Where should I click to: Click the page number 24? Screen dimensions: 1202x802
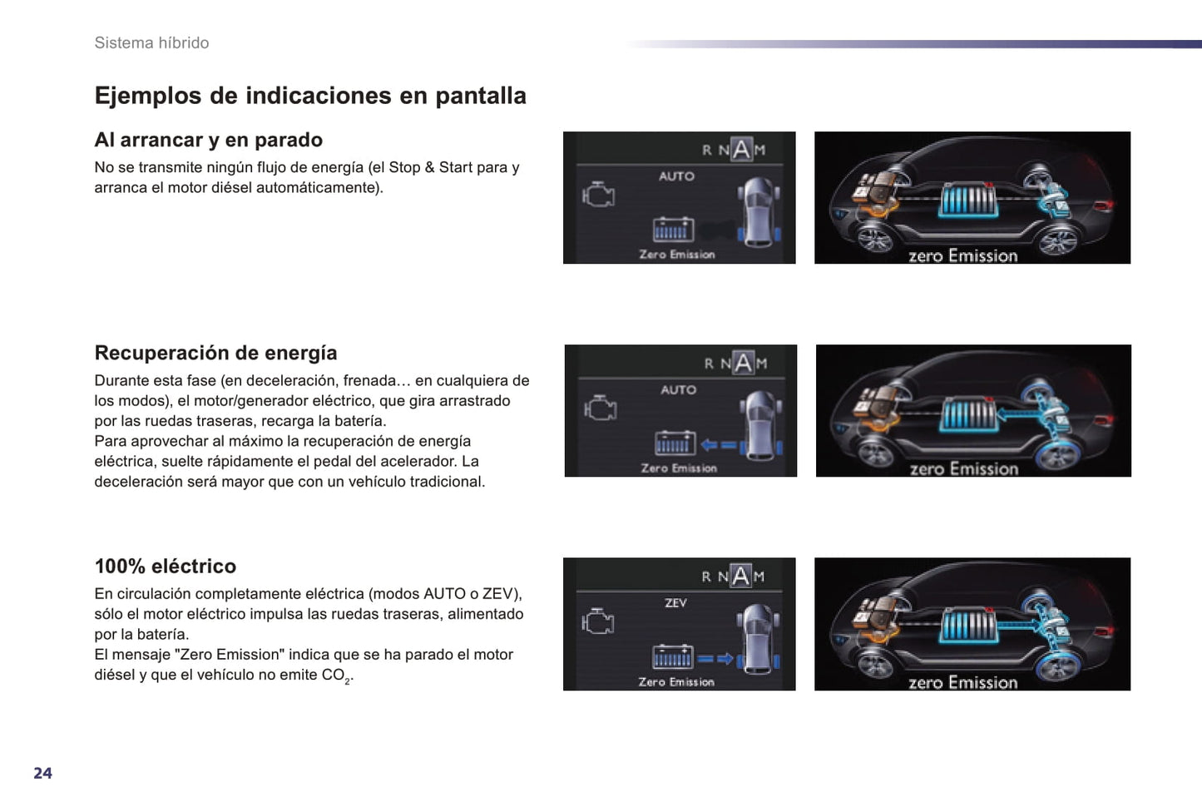pos(43,773)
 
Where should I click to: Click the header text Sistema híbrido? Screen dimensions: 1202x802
pos(152,42)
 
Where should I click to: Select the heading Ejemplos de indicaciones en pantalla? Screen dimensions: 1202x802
pos(310,96)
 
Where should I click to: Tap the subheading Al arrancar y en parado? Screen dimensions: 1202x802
pos(208,140)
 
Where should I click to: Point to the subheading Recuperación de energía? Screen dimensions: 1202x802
pos(215,353)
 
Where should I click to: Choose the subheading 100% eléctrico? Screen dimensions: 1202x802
pos(166,566)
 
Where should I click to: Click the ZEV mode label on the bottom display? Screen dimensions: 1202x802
pos(675,603)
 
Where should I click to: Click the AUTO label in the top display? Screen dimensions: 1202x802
pos(676,176)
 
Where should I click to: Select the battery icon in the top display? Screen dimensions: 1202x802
pos(674,230)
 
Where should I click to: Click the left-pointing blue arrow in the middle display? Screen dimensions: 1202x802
pos(719,445)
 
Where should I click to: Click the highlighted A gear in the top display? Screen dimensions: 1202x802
pos(741,149)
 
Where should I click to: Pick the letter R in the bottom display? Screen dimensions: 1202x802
pos(706,577)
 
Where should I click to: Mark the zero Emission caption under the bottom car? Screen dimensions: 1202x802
pos(962,682)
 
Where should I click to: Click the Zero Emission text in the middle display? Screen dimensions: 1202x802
pos(679,468)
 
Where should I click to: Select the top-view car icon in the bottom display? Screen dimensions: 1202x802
pos(758,638)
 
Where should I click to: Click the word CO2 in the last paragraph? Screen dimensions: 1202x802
pos(336,676)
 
